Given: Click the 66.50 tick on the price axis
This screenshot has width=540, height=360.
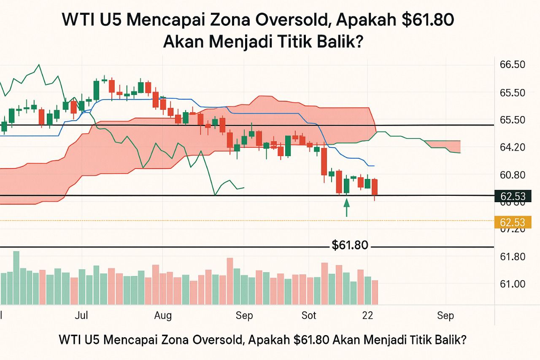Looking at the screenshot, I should [512, 65].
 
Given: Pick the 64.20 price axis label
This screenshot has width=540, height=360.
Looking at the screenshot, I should [512, 147].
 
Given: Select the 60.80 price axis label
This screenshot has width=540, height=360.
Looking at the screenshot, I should [512, 175].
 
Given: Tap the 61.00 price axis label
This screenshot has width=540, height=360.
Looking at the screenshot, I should [512, 284].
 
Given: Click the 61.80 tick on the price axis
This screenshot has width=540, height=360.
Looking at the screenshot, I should [512, 257].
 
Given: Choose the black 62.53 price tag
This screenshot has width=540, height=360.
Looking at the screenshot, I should [512, 196].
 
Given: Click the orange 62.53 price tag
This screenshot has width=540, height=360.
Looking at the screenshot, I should [512, 222].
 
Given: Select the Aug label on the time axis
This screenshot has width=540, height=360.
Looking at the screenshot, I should [163, 315].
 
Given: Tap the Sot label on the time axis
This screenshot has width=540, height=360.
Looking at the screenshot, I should [309, 315].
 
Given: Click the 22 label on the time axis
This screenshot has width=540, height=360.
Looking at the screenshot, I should [367, 315].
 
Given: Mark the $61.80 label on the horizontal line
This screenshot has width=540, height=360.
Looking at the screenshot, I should [350, 245].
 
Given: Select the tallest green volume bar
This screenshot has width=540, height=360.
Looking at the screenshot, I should [16, 277].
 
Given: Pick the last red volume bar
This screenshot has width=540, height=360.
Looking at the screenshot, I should [375, 292].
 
